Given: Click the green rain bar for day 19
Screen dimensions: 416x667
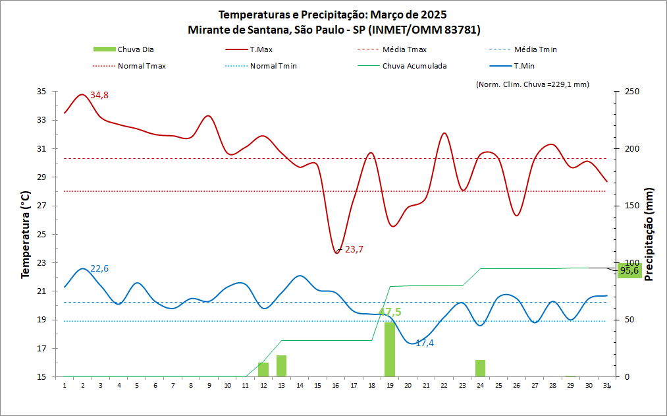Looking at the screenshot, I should [390, 350].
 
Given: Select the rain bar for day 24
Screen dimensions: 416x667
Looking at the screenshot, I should [481, 369].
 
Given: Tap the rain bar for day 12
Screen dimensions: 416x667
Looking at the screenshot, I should [263, 370].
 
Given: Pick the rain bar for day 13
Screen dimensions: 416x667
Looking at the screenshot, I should [281, 366].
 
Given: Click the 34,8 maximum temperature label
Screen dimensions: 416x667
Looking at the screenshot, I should [99, 96].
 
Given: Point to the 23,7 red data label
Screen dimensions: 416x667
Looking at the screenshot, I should [354, 249].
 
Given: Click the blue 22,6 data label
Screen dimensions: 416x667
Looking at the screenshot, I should [99, 268].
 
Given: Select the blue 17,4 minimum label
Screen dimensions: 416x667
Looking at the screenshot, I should [425, 343].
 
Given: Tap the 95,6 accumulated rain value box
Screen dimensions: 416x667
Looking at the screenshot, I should [629, 270].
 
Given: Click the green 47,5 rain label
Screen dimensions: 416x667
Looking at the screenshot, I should [390, 312].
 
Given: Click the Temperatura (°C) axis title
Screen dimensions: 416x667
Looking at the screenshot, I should [26, 234].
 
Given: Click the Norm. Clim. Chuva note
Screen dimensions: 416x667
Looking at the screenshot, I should [531, 84].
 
